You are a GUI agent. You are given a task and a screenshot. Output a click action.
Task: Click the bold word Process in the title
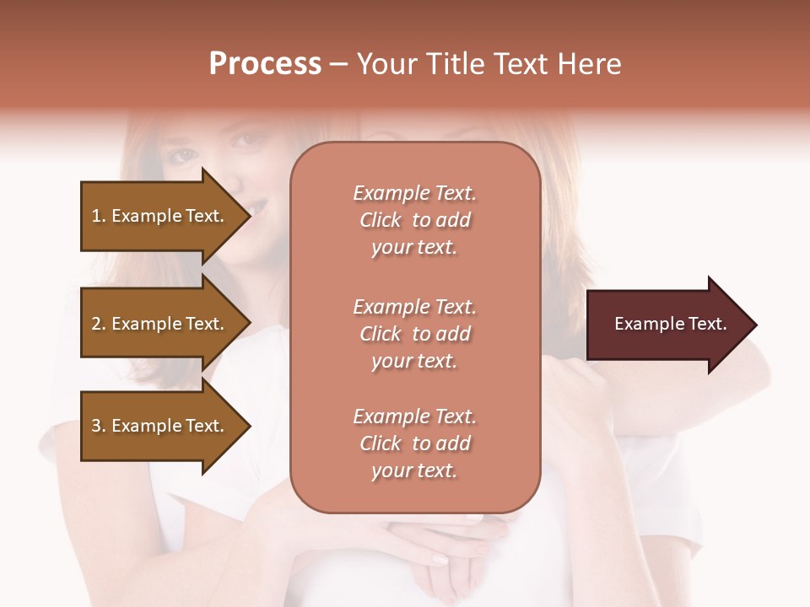point(265,64)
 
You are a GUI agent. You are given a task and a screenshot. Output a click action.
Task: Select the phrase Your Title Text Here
point(489,64)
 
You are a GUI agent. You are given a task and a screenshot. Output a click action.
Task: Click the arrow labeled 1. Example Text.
point(160,216)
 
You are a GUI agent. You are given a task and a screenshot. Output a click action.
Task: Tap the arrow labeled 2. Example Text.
point(160,324)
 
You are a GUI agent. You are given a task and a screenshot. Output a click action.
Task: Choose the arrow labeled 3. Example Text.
point(160,426)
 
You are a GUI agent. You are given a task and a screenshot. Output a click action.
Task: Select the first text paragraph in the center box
point(414,220)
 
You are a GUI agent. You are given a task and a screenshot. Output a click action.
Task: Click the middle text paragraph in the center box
point(414,334)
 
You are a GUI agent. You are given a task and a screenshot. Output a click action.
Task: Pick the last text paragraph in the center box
point(414,443)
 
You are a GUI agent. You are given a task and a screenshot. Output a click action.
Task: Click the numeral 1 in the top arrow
point(95,216)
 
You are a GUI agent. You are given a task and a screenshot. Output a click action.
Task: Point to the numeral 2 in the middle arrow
point(96,324)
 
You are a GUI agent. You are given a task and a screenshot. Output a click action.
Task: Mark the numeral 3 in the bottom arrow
point(96,426)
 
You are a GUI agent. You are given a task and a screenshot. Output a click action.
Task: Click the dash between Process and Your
point(338,65)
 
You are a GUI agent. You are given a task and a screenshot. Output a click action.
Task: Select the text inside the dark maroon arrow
point(670,324)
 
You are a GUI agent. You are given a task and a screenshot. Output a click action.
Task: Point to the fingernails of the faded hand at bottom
point(440,558)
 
